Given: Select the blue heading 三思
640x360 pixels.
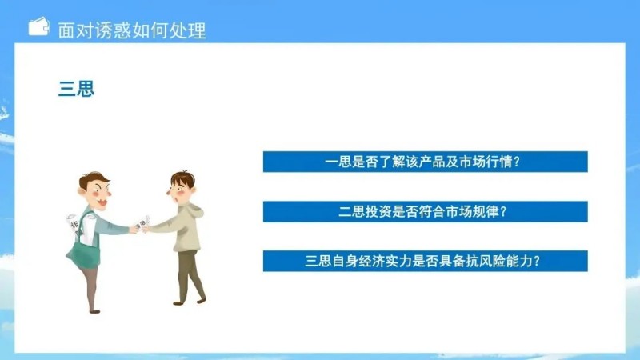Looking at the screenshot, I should tap(76, 89).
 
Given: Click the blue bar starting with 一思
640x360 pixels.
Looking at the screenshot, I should tap(425, 162).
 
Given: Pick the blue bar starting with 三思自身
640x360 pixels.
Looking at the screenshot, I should tap(425, 261).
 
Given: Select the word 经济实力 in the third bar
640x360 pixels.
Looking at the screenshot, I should tap(388, 261).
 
